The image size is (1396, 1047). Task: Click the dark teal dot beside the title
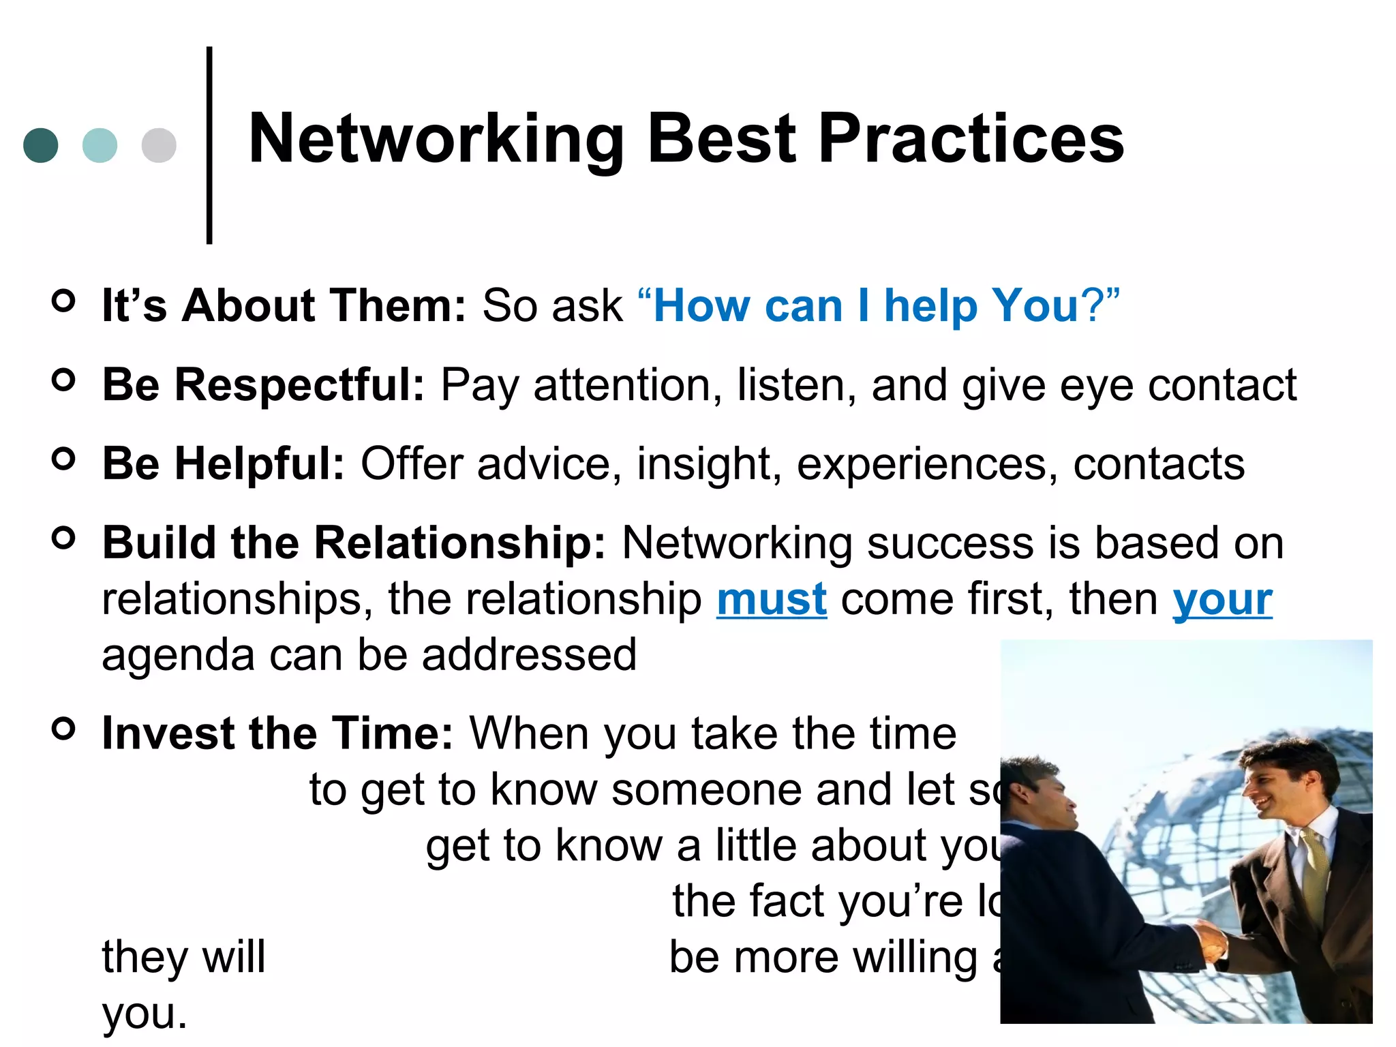pos(41,145)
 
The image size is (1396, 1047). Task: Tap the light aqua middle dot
pos(100,145)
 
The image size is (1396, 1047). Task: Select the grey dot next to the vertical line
pos(159,145)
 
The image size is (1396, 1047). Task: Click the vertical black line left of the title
pos(209,145)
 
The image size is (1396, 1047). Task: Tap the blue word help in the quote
pos(930,305)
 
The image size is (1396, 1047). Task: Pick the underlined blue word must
pos(772,600)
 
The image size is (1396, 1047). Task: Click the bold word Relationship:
pos(460,543)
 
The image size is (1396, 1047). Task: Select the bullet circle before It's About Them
pos(63,301)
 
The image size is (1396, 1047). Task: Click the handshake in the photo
pos(1211,940)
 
